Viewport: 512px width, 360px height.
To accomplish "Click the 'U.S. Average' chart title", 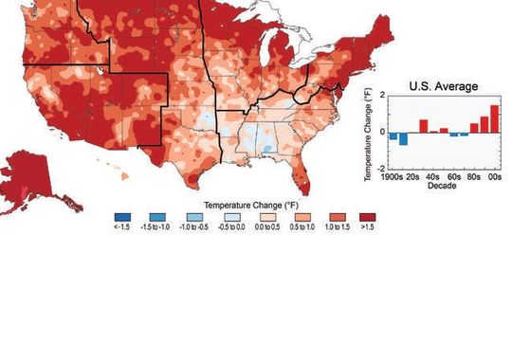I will pyautogui.click(x=443, y=86).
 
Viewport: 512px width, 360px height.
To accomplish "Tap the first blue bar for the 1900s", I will pyautogui.click(x=393, y=135).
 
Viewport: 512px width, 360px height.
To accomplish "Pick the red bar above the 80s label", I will pyautogui.click(x=474, y=127).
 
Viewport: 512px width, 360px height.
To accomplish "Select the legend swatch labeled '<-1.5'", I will pyautogui.click(x=119, y=216).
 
